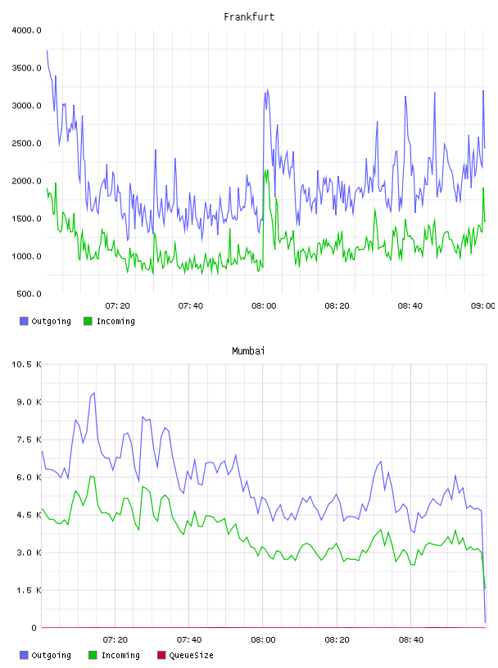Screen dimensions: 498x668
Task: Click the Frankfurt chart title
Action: tap(249, 17)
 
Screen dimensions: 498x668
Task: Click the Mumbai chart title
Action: tap(248, 351)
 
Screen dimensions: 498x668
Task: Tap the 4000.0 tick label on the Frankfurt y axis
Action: tap(26, 30)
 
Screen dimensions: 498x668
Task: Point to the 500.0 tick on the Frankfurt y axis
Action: tap(29, 294)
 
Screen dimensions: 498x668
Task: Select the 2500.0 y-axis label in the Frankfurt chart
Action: tap(26, 143)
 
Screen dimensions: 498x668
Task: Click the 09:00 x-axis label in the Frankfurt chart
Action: tap(482, 306)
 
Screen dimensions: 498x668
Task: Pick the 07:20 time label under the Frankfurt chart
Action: tap(118, 306)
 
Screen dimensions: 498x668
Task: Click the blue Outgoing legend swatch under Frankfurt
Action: tap(24, 321)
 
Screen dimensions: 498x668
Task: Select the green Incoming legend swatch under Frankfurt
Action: tap(88, 321)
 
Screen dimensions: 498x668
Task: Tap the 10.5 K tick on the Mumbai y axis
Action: tap(26, 364)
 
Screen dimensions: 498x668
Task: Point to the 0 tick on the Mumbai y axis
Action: tap(34, 628)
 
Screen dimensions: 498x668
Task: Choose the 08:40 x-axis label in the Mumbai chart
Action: tap(411, 640)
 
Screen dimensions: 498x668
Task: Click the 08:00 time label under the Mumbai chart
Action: tap(263, 640)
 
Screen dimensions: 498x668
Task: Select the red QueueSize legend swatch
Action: tap(161, 655)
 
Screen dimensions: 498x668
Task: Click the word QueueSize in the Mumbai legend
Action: tap(191, 655)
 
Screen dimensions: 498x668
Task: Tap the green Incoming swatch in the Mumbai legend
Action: tap(93, 655)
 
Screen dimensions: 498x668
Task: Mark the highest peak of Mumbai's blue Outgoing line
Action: tap(94, 393)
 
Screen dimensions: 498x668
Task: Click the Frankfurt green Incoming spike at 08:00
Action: tap(266, 170)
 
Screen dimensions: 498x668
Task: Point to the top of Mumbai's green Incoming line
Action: tap(91, 476)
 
